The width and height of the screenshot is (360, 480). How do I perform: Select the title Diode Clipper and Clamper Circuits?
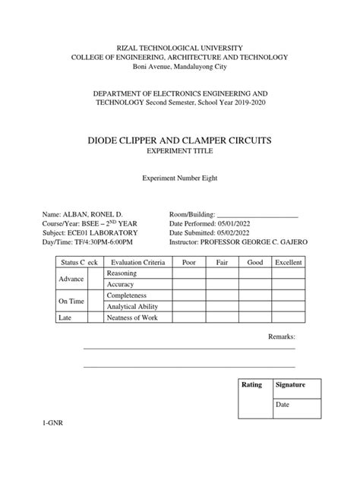[x=179, y=141]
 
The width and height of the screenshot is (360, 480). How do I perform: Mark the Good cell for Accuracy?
[x=256, y=284]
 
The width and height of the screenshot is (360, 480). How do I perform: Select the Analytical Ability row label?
[x=132, y=306]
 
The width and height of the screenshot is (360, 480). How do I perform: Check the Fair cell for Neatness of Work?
[x=222, y=317]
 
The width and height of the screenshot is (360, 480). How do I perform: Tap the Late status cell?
[x=66, y=317]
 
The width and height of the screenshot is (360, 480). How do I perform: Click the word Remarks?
[x=282, y=336]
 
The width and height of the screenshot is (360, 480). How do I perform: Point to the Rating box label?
[x=251, y=385]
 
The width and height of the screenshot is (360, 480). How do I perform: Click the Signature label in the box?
[x=290, y=385]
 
